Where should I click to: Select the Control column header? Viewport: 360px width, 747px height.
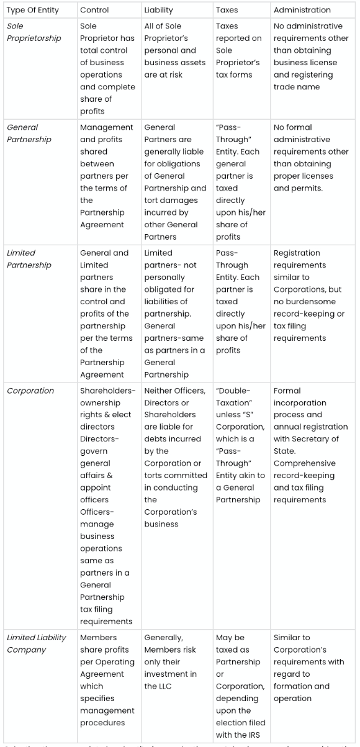click(x=94, y=10)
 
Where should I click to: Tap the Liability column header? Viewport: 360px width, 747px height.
click(x=159, y=10)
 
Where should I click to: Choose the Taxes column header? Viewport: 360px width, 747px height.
click(x=227, y=10)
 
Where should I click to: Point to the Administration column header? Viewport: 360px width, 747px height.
click(x=302, y=10)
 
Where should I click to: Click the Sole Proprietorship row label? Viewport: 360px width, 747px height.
click(x=34, y=32)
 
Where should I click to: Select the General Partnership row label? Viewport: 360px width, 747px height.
click(x=29, y=133)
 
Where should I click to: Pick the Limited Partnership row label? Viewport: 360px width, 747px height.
click(x=29, y=259)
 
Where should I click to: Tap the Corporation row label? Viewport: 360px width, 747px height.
click(x=30, y=391)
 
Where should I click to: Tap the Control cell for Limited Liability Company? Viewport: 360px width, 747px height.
click(x=107, y=680)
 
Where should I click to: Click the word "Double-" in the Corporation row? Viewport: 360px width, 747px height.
click(x=233, y=391)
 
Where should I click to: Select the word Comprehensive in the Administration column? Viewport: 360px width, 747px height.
click(x=304, y=463)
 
